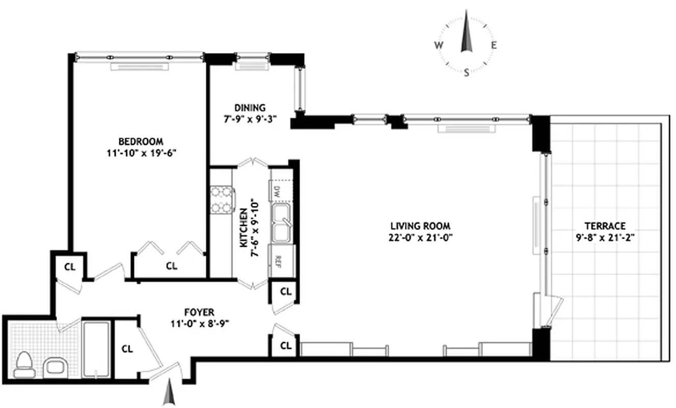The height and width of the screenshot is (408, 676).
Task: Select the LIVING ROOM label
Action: click(x=420, y=226)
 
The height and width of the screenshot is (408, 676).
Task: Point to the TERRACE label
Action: click(x=605, y=226)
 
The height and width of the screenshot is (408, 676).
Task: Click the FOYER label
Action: click(x=199, y=312)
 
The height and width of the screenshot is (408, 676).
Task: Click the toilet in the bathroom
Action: click(x=23, y=365)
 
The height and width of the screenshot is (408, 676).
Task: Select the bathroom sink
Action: click(x=53, y=366)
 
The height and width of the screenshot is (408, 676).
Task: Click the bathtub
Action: click(x=96, y=349)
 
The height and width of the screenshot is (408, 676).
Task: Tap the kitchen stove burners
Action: click(x=221, y=200)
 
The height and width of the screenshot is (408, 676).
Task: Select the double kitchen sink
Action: click(x=280, y=224)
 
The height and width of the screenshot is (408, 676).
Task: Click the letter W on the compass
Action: click(x=438, y=45)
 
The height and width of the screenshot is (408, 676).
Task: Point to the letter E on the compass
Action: click(x=494, y=45)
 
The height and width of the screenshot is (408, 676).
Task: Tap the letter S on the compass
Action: click(x=466, y=72)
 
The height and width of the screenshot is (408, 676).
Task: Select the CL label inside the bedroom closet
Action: click(x=172, y=266)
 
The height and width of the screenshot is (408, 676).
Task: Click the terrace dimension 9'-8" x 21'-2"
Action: click(x=605, y=237)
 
